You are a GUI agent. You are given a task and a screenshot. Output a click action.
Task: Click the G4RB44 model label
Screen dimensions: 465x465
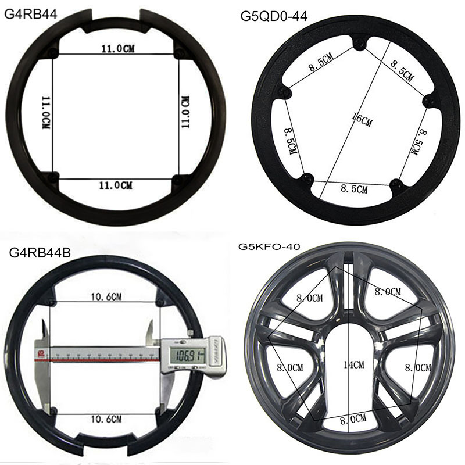pyautogui.click(x=31, y=14)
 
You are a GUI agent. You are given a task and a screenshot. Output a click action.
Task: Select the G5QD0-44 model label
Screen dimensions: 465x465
pyautogui.click(x=274, y=16)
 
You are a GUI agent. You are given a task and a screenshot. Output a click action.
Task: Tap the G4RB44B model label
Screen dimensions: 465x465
pyautogui.click(x=40, y=253)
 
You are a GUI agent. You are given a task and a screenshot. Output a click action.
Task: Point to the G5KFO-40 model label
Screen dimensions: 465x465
pyautogui.click(x=269, y=246)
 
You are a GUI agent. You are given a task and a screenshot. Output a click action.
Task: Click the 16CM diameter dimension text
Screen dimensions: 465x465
pyautogui.click(x=362, y=119)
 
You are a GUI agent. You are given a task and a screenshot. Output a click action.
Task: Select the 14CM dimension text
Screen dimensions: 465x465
pyautogui.click(x=354, y=364)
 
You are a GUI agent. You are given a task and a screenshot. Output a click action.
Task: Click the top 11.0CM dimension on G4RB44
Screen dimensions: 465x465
pyautogui.click(x=118, y=48)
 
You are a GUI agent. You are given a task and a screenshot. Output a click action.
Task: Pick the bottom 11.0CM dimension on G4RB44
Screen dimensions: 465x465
pyautogui.click(x=115, y=185)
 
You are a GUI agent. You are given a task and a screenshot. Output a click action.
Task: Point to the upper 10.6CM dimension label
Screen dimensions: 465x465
pyautogui.click(x=106, y=296)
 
